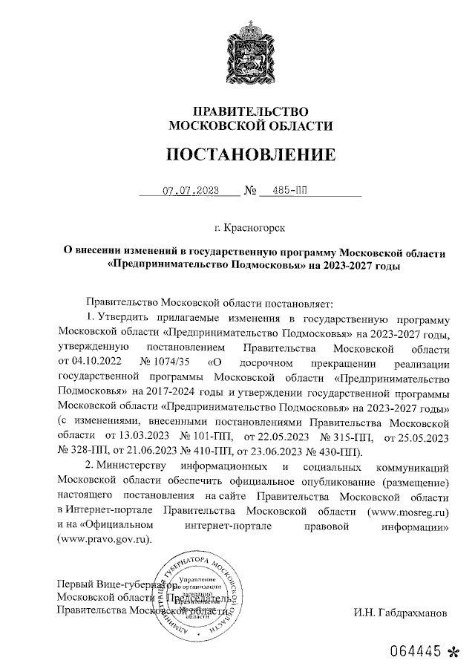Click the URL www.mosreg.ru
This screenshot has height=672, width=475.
(407, 512)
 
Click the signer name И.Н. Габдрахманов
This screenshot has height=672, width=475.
(401, 614)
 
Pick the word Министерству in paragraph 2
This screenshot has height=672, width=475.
(134, 467)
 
